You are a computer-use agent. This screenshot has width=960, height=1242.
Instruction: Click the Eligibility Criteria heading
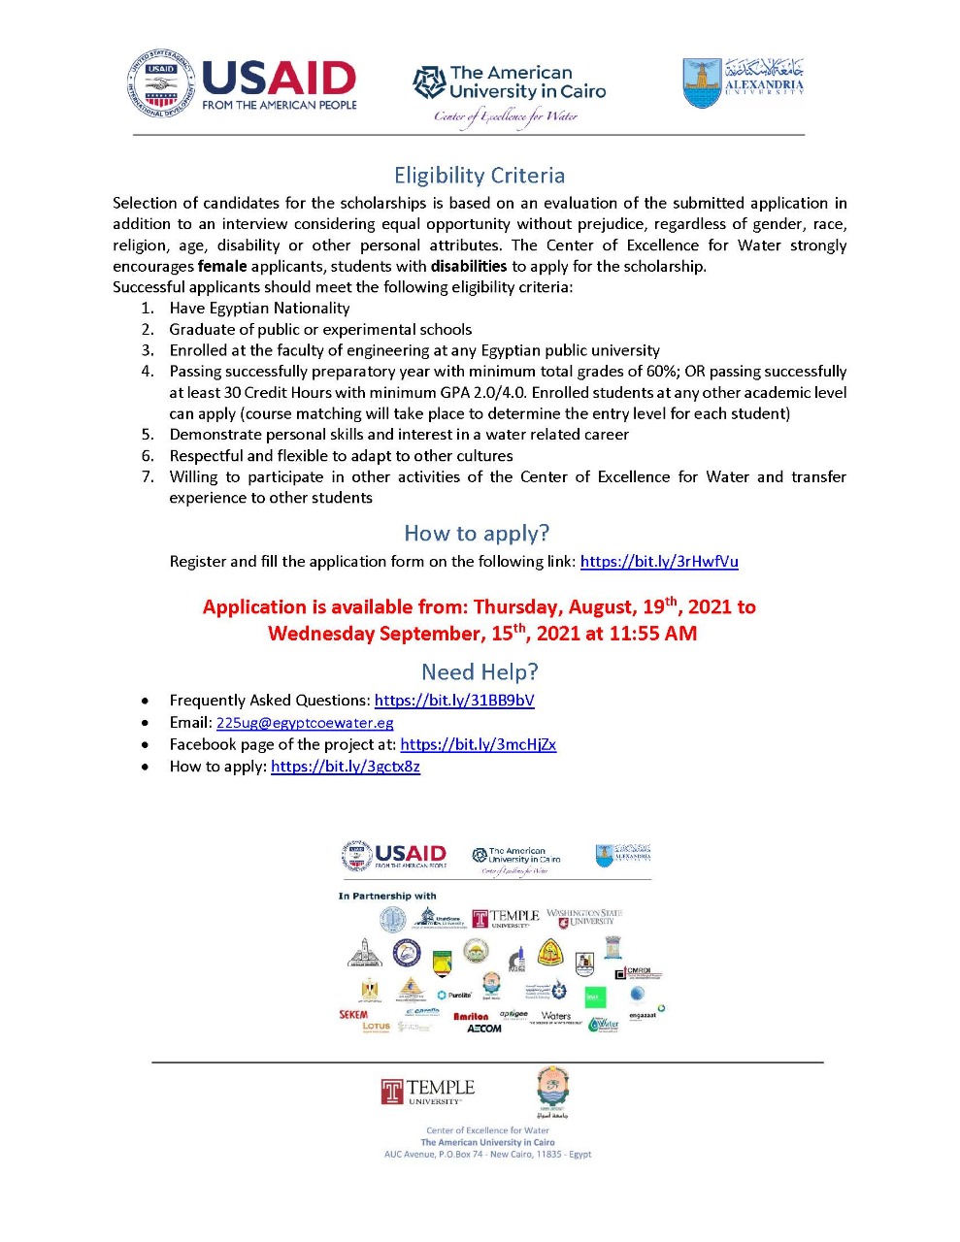pos(479,176)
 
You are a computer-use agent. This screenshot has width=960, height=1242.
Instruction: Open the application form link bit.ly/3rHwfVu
pos(659,562)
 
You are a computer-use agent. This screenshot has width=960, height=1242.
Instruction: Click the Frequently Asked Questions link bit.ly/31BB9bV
pos(454,701)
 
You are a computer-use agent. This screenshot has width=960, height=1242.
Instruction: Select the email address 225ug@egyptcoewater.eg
pos(305,723)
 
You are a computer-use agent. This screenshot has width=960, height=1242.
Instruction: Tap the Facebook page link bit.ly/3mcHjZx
pos(478,745)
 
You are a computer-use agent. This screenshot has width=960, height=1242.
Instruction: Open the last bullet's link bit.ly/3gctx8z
pos(346,767)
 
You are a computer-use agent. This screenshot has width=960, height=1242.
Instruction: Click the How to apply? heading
pos(476,534)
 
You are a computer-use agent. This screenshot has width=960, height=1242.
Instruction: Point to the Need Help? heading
pos(480,672)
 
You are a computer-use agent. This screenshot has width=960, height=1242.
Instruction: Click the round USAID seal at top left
pos(161,85)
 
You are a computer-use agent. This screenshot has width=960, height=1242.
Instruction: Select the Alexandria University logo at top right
pos(744,83)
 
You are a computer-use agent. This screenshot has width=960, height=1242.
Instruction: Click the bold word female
pos(222,267)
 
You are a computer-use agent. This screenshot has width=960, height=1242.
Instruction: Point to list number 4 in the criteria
pos(148,372)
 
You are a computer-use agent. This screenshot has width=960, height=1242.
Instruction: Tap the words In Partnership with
pos(387,896)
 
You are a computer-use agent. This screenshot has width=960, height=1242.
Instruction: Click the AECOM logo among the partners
pos(484,1029)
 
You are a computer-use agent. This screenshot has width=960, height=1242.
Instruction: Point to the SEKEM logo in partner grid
pos(353,1015)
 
